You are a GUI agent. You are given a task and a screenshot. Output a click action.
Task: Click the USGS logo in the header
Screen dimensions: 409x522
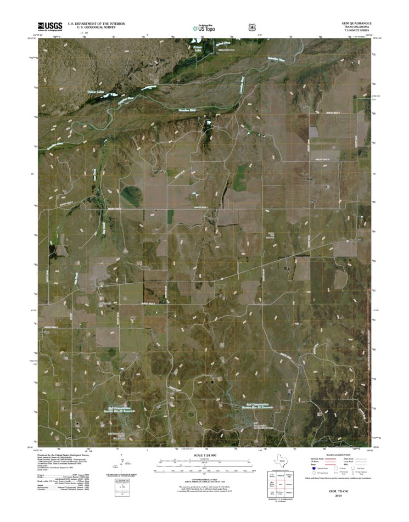[x=49, y=26]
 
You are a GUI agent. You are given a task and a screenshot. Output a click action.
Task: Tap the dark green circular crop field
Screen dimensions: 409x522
[x=131, y=193]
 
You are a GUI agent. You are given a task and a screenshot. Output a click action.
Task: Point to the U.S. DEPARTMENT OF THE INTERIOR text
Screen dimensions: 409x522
[x=96, y=24]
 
